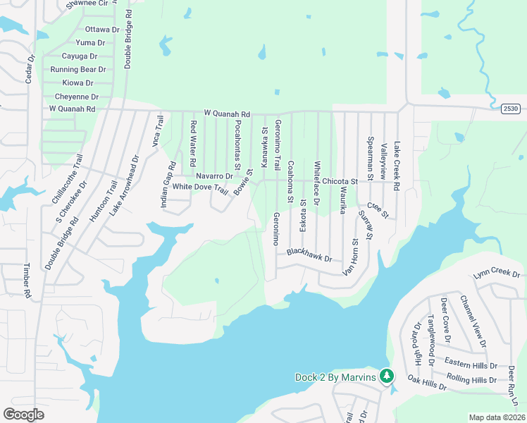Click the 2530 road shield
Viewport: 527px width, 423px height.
pyautogui.click(x=512, y=109)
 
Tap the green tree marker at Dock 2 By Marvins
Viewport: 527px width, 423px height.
pyautogui.click(x=386, y=376)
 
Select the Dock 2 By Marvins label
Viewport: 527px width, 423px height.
pyautogui.click(x=335, y=377)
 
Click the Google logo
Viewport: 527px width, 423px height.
pyautogui.click(x=23, y=415)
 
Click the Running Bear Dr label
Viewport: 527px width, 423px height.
pyautogui.click(x=77, y=70)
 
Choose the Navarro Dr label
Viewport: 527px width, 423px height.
pyautogui.click(x=214, y=176)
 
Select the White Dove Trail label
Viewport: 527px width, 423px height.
pyautogui.click(x=200, y=188)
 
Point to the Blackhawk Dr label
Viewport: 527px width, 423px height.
pyautogui.click(x=309, y=254)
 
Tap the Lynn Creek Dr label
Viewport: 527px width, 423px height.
pyautogui.click(x=497, y=274)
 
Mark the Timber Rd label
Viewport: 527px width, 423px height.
pyautogui.click(x=27, y=280)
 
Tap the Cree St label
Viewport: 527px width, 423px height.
pyautogui.click(x=378, y=209)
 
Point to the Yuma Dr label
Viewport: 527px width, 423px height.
pyautogui.click(x=91, y=43)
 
